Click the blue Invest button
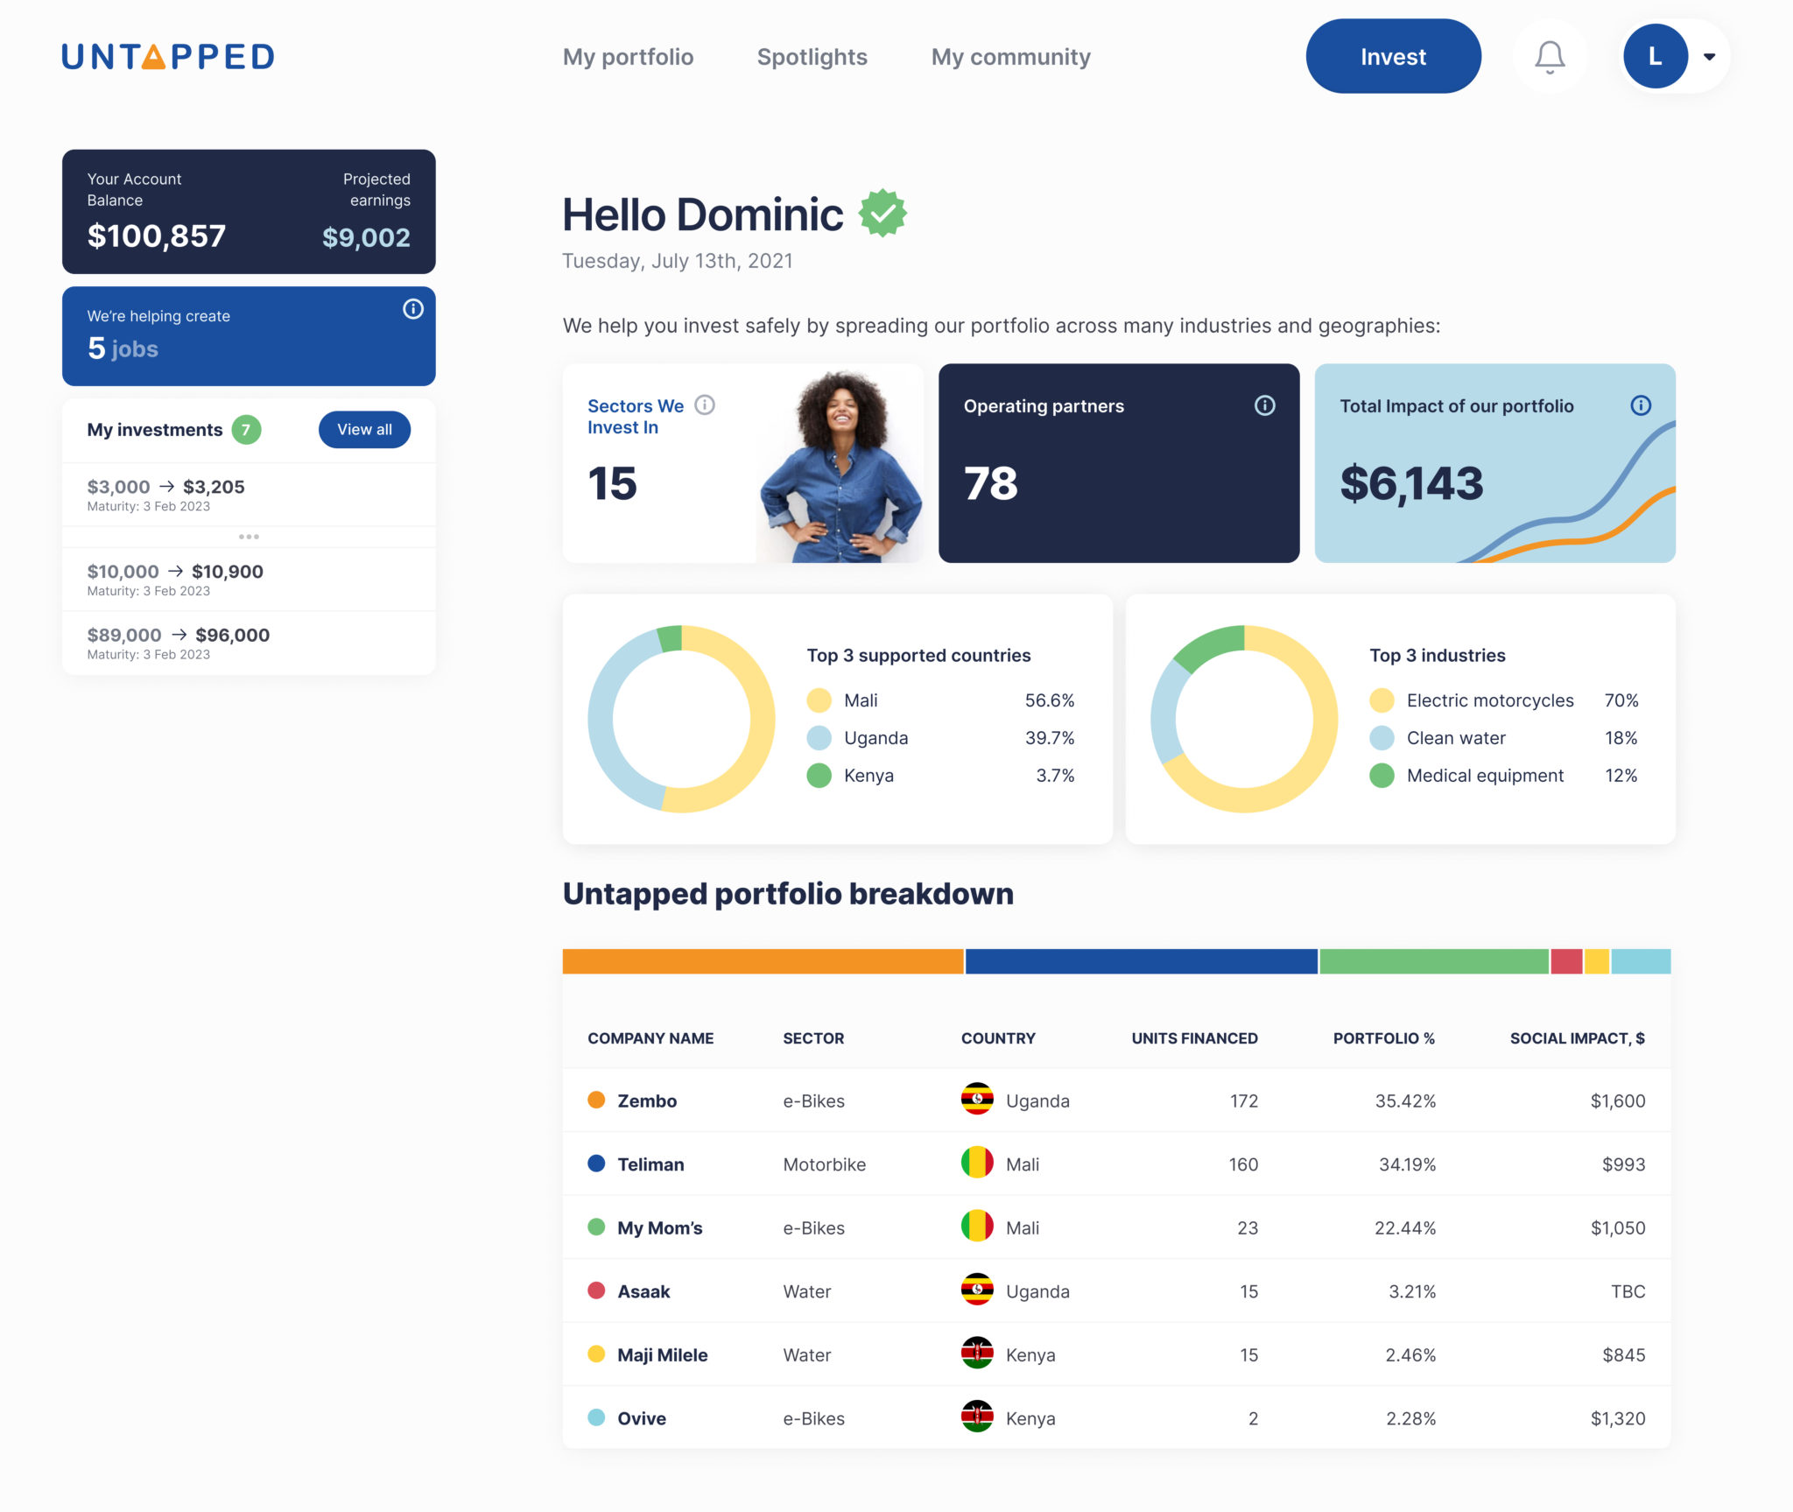[1392, 57]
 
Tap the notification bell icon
[1549, 57]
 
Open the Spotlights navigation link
[812, 57]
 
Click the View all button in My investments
[364, 429]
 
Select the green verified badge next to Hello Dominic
[882, 213]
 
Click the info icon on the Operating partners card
[1264, 405]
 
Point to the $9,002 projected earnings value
[366, 237]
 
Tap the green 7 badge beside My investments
[246, 430]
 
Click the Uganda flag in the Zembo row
[976, 1100]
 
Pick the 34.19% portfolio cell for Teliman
[1406, 1164]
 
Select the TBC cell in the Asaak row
[1628, 1291]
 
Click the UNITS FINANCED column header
[1194, 1038]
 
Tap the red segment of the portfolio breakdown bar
[1565, 961]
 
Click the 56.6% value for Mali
[1049, 700]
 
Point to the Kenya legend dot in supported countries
[819, 776]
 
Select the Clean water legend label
[1455, 738]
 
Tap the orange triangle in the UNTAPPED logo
[153, 58]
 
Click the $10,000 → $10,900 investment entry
[175, 578]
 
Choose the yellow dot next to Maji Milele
[596, 1354]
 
